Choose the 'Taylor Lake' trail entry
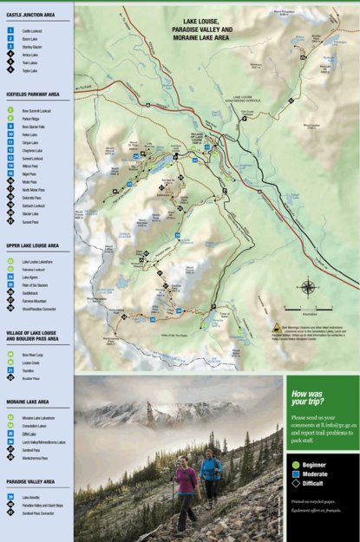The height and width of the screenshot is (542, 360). pyautogui.click(x=29, y=70)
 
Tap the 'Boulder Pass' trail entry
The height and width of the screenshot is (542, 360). pyautogui.click(x=31, y=379)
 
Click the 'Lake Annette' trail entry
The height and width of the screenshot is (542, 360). pyautogui.click(x=31, y=498)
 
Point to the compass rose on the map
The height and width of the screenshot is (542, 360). pyautogui.click(x=309, y=287)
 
